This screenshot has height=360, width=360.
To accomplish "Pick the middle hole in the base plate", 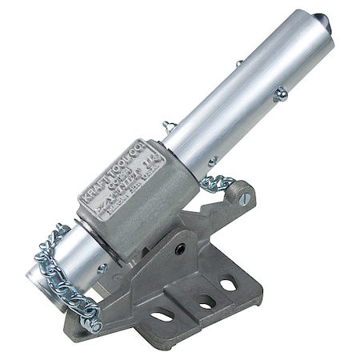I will [x=206, y=302].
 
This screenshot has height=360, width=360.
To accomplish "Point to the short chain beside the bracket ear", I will [x=216, y=182].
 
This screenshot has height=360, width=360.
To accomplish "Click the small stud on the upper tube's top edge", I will [x=238, y=65].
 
